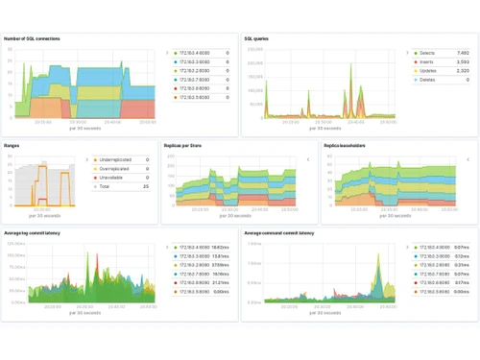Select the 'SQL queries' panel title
tap(256, 39)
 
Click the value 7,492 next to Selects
tap(463, 53)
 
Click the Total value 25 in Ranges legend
tap(145, 186)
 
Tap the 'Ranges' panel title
tap(12, 146)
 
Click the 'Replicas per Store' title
tap(185, 146)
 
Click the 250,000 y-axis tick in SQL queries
tap(255, 49)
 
